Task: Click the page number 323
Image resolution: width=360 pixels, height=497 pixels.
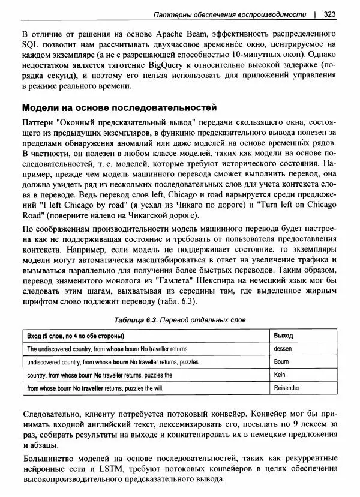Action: [329, 13]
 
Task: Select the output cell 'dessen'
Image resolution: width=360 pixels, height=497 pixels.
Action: [283, 349]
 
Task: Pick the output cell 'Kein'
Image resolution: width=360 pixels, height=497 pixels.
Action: [279, 375]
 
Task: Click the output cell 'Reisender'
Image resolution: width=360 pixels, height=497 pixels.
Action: [286, 388]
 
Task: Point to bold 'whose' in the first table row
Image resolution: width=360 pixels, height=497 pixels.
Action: [115, 349]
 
